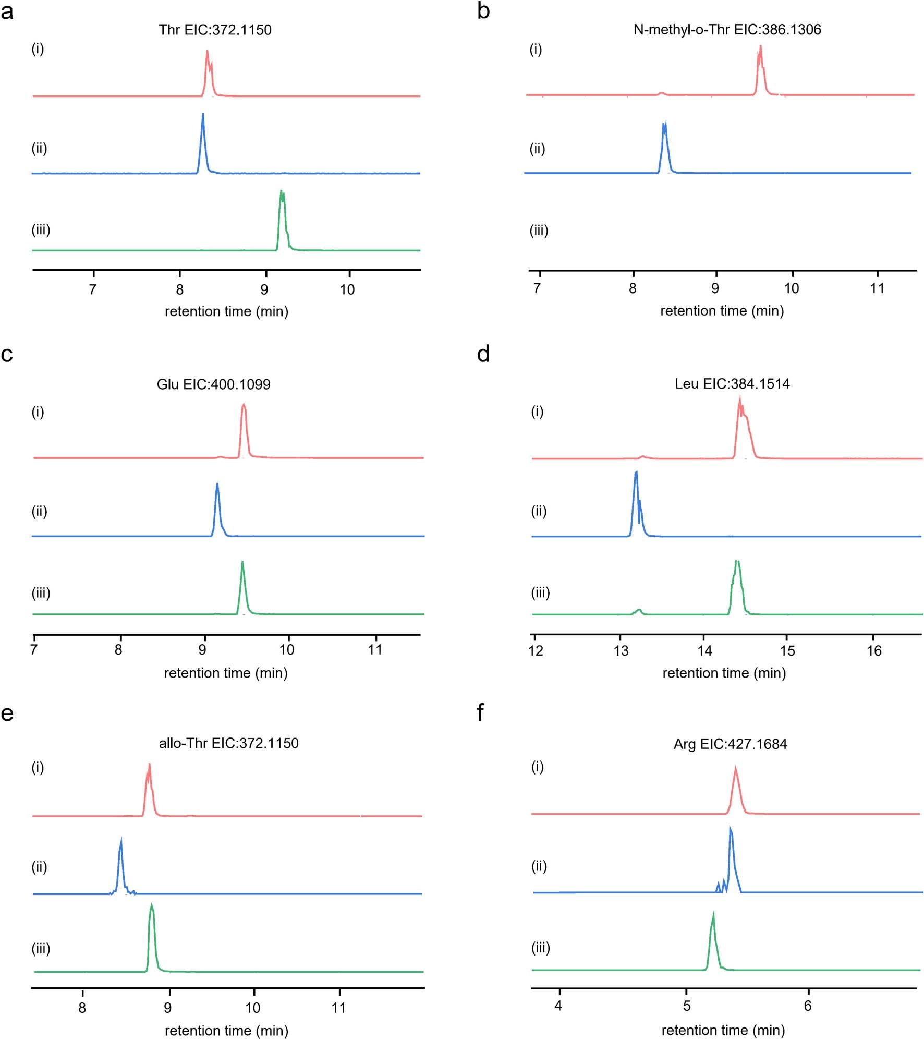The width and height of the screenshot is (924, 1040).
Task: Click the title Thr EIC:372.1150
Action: [x=215, y=30]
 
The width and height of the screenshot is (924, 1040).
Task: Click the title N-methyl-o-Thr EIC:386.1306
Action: [x=727, y=30]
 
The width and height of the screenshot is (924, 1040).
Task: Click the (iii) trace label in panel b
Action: [x=539, y=231]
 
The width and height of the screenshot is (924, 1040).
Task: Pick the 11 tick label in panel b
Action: [x=877, y=288]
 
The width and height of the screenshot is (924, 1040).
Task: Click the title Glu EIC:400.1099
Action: [x=213, y=384]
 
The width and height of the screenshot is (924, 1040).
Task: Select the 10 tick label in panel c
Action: [x=287, y=649]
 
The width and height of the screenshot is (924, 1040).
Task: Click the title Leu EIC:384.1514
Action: [x=732, y=384]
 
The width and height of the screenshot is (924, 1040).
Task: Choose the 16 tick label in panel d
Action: [x=874, y=650]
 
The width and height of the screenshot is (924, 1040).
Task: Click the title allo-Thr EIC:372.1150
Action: [x=228, y=743]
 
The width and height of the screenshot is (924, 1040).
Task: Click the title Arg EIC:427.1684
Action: [x=730, y=744]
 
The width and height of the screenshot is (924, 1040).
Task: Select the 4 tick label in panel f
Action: [x=558, y=1006]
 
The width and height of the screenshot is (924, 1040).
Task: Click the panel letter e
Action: [x=7, y=713]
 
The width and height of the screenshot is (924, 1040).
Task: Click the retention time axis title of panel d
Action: [x=724, y=673]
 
